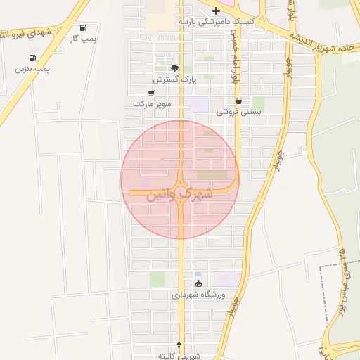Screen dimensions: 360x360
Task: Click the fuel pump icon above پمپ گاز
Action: [x=84, y=27]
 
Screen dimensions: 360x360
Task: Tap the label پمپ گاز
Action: [x=82, y=38]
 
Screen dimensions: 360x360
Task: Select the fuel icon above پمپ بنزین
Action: [x=32, y=58]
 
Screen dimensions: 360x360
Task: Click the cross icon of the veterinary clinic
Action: [x=216, y=11]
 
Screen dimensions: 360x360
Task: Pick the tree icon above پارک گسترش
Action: [x=174, y=69]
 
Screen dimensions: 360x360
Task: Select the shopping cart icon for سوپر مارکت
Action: [x=151, y=93]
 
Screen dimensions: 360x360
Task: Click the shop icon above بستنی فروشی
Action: [x=239, y=101]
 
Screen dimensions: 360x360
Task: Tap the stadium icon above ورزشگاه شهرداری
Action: [x=198, y=283]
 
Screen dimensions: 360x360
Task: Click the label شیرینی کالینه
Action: [x=180, y=356]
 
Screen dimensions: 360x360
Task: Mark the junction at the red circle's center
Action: [x=180, y=179]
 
